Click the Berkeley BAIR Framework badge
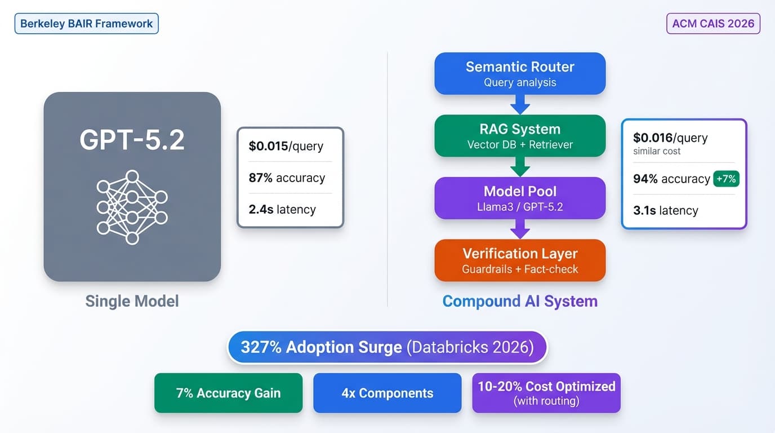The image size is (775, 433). (x=86, y=24)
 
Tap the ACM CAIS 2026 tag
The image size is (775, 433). (x=713, y=24)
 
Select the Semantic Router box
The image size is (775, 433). (x=520, y=73)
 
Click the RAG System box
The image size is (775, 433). (x=520, y=136)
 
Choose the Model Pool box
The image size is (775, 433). (x=520, y=198)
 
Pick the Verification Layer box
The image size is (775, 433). (x=520, y=260)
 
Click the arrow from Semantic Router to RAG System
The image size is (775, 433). (x=520, y=104)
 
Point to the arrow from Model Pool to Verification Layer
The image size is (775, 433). (x=520, y=228)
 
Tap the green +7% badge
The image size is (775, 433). (x=726, y=179)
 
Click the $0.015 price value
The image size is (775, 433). (x=268, y=146)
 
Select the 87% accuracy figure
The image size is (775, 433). (x=260, y=178)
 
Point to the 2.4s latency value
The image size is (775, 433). (x=261, y=209)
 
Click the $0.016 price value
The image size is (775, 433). (x=652, y=138)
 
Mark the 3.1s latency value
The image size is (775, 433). (x=645, y=210)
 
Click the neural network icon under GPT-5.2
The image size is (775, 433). (x=132, y=207)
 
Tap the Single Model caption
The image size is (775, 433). (x=132, y=301)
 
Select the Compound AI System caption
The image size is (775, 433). (x=520, y=301)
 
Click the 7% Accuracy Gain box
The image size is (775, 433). (x=228, y=393)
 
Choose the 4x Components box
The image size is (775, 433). (x=387, y=393)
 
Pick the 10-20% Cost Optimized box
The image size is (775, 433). (x=546, y=393)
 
